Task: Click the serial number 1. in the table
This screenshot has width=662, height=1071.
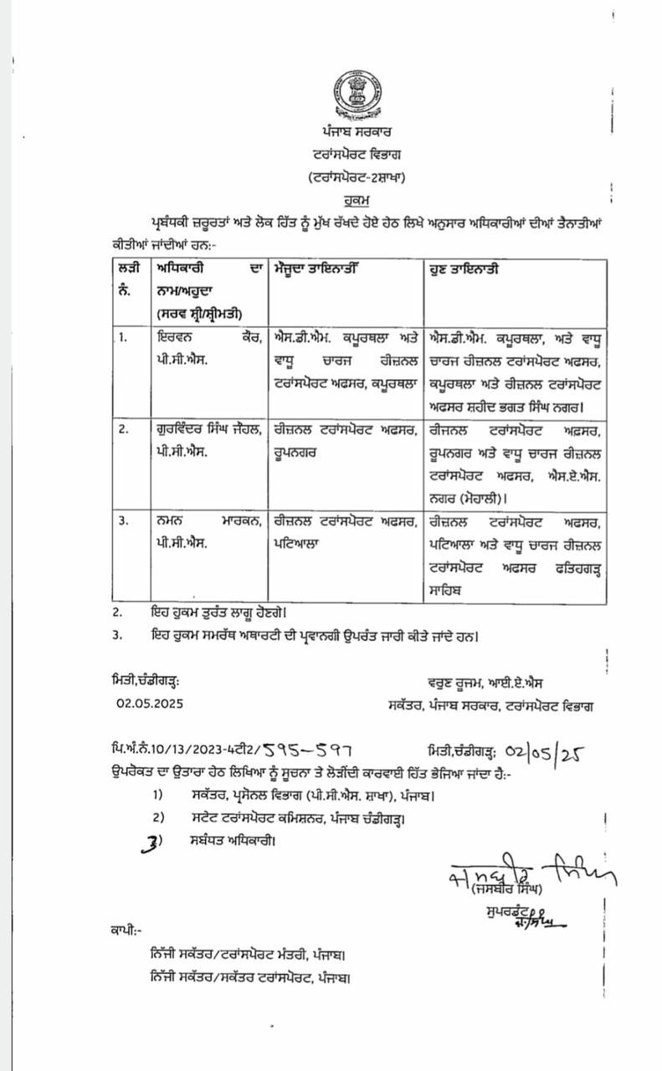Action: (x=124, y=337)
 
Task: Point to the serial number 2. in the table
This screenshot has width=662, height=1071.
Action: (x=124, y=428)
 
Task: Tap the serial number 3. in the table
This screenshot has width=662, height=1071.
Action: (x=124, y=520)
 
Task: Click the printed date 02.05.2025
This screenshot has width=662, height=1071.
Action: (x=150, y=704)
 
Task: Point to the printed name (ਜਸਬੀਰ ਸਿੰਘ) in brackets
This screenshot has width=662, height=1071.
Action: (x=507, y=887)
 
